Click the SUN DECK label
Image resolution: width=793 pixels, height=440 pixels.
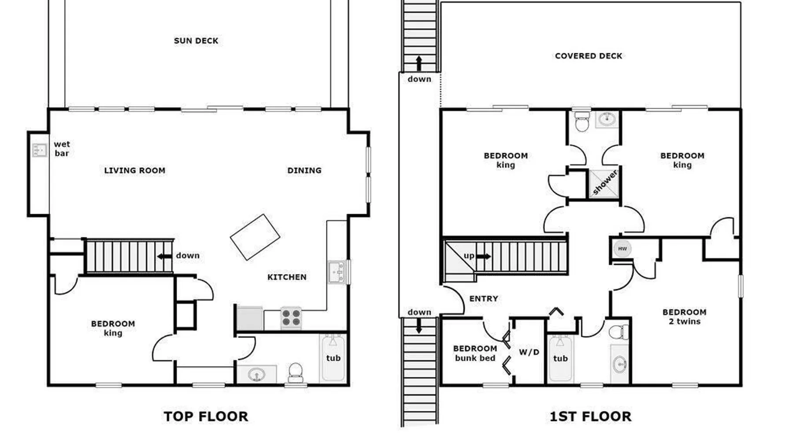click(196, 41)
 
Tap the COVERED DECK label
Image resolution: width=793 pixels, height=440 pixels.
click(589, 56)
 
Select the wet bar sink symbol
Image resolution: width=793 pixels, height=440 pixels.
click(40, 150)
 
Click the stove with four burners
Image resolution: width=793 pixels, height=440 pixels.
click(291, 318)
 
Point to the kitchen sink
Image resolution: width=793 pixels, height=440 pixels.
click(337, 272)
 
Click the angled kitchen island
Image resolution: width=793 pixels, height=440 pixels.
click(255, 237)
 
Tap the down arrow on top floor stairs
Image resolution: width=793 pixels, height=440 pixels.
click(165, 256)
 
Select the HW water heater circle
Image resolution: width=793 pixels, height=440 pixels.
click(622, 249)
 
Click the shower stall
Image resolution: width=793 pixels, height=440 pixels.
click(604, 183)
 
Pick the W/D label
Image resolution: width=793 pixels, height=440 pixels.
click(529, 352)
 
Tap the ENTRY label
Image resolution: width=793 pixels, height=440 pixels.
click(484, 299)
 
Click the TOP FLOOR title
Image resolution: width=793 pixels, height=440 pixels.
click(206, 416)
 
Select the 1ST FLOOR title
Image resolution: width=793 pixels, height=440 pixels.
click(590, 416)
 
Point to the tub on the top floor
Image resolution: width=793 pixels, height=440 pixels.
click(334, 358)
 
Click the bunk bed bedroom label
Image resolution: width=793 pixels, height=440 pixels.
click(475, 353)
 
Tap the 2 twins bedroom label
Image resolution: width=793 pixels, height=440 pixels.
click(685, 317)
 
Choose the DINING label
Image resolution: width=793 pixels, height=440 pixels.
click(304, 170)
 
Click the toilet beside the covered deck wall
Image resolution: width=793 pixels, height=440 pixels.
click(582, 121)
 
